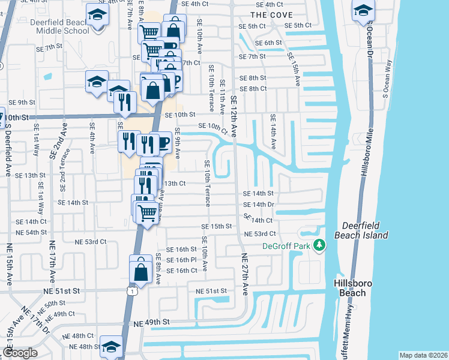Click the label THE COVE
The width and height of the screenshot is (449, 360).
click(271, 14)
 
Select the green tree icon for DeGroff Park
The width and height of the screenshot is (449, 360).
click(320, 245)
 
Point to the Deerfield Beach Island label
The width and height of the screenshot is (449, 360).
click(364, 230)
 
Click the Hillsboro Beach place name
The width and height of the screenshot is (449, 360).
click(354, 287)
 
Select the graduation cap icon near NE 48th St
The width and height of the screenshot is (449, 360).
click(111, 346)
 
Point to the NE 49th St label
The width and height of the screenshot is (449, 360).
click(152, 322)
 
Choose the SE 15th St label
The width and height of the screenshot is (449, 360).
click(217, 227)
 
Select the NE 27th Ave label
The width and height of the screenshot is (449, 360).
click(245, 273)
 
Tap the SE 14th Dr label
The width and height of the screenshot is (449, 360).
click(259, 205)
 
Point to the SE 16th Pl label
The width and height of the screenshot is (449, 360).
click(182, 260)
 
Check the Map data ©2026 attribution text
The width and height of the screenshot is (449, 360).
click(423, 355)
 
